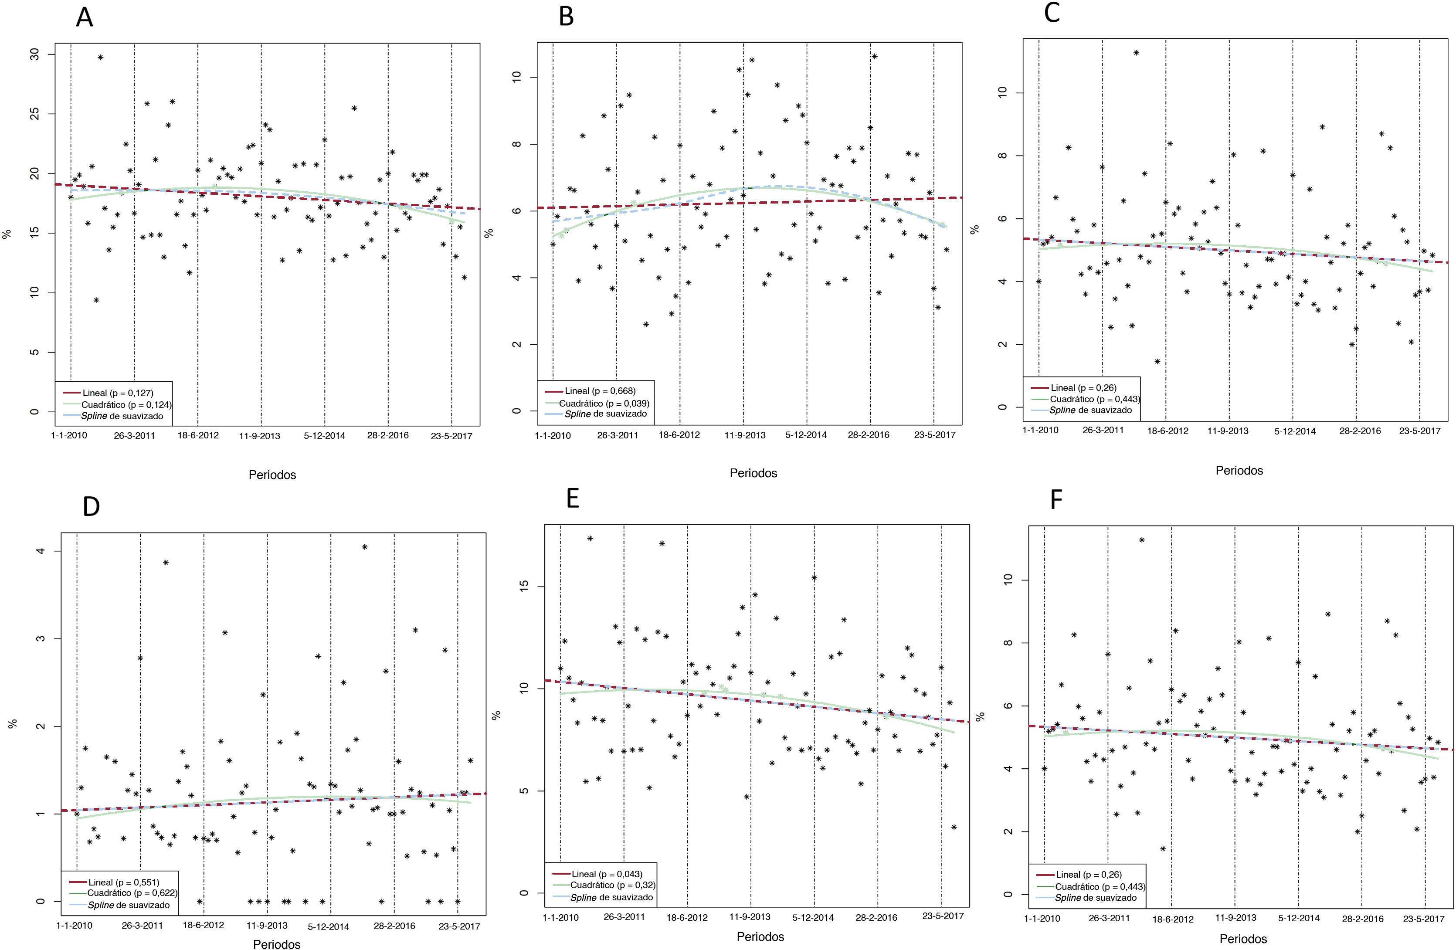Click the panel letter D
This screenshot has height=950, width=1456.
(x=91, y=506)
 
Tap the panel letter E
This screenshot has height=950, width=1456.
(x=573, y=499)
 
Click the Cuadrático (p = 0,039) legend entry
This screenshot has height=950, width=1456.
(x=604, y=403)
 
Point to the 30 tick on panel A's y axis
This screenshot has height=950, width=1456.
(x=34, y=54)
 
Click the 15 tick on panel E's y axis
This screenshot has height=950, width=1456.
(x=524, y=587)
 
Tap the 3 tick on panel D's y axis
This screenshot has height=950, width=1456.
(x=41, y=638)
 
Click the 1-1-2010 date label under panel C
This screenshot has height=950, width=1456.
(x=1040, y=430)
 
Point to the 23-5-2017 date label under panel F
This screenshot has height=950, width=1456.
(x=1424, y=919)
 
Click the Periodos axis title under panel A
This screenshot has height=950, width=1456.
(x=272, y=475)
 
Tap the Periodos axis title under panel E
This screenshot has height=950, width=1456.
(x=760, y=936)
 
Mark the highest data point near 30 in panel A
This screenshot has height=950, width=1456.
(x=100, y=58)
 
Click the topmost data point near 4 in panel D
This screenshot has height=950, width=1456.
(x=365, y=547)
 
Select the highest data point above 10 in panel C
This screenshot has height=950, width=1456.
(x=1136, y=53)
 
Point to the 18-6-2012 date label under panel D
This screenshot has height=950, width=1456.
(x=204, y=925)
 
